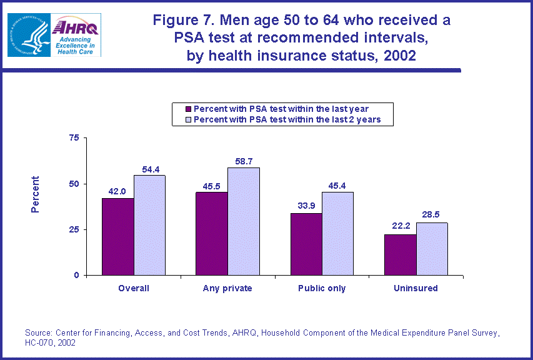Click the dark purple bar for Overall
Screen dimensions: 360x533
tap(118, 237)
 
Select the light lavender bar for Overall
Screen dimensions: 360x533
tap(149, 225)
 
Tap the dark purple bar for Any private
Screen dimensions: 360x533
tap(212, 234)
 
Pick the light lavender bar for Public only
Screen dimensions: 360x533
tap(337, 234)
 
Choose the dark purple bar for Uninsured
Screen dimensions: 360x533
tap(401, 255)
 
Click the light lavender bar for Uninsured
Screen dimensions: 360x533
tap(432, 249)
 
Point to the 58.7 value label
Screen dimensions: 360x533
tap(244, 161)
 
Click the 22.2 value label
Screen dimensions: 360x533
tap(401, 227)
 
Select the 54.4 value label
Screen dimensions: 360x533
tap(149, 169)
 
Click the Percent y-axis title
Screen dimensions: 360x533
tap(36, 194)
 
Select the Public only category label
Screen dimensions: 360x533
tap(322, 289)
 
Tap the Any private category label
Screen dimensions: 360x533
tap(227, 289)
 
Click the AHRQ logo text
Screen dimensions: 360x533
tap(74, 27)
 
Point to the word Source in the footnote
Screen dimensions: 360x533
tap(37, 333)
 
